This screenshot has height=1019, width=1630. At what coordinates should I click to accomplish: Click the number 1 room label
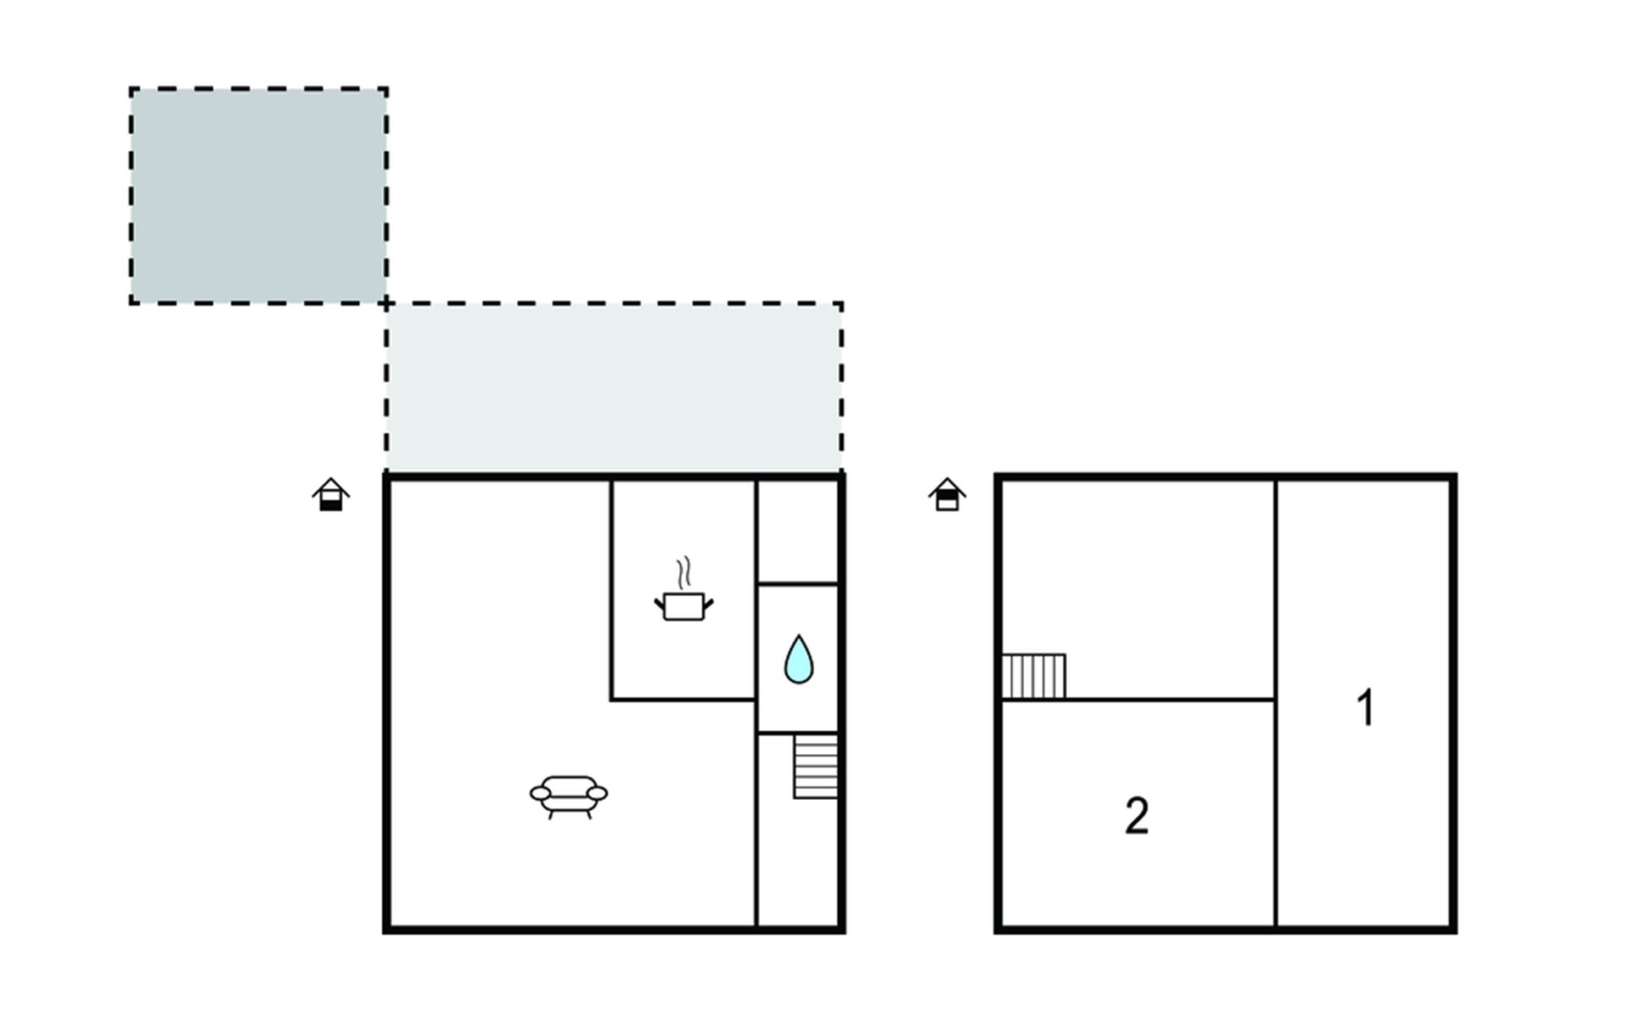1365,707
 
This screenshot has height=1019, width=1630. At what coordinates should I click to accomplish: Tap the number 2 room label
1137,816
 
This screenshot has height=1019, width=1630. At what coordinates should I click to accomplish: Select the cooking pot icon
683,606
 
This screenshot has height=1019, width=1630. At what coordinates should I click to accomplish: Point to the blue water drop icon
798,660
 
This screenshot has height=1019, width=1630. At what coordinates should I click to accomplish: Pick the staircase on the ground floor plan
816,767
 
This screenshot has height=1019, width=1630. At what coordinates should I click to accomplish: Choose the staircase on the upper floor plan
1034,676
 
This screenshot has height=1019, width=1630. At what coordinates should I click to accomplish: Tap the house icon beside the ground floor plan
330,494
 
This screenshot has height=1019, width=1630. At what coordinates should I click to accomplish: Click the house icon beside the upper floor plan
947,494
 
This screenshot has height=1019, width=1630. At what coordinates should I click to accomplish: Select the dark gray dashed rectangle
259,195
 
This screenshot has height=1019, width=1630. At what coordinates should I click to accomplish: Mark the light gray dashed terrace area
614,387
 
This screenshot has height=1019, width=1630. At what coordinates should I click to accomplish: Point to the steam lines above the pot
683,572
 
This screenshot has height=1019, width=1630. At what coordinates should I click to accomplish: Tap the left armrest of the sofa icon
540,793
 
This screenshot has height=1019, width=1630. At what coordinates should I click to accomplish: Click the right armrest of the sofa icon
598,793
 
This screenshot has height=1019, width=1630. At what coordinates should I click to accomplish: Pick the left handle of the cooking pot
659,604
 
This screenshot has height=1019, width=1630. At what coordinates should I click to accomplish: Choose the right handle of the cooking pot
709,604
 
